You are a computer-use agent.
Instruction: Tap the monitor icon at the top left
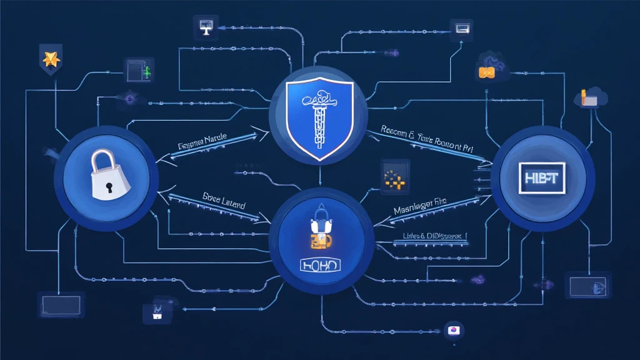tap(205, 26)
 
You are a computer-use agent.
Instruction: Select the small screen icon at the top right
tap(462, 28)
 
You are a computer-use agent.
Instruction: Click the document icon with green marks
tap(139, 70)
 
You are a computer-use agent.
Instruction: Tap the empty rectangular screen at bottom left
tap(60, 305)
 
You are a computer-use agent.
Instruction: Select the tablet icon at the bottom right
tap(588, 286)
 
